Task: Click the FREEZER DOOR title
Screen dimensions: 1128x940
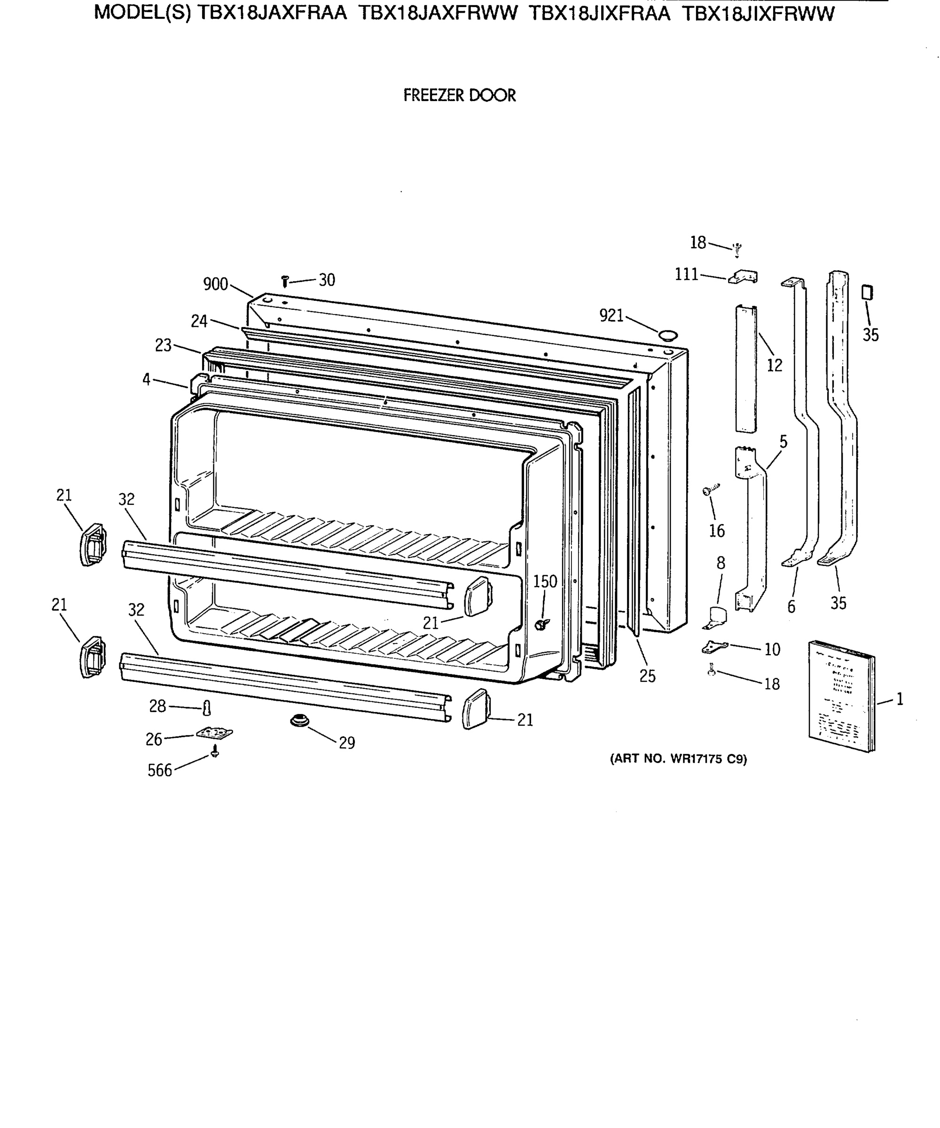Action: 459,95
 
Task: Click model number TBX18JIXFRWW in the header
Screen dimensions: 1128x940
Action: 758,14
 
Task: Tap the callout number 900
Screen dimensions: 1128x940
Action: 215,284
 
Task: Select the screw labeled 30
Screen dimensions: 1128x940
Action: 285,281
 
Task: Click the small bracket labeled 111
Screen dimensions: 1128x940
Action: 744,277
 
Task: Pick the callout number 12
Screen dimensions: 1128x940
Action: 774,365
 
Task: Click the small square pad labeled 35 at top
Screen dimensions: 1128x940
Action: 866,293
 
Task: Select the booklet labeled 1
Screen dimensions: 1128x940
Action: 841,696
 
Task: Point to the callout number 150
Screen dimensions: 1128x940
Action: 545,581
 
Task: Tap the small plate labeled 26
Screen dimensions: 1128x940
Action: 214,733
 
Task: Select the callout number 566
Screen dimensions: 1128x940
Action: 159,771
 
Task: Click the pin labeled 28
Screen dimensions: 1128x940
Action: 207,708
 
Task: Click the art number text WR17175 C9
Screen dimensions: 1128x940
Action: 678,759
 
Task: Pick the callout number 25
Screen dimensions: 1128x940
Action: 647,676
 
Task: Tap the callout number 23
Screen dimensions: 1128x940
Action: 163,345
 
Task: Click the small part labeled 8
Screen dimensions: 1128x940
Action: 715,617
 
